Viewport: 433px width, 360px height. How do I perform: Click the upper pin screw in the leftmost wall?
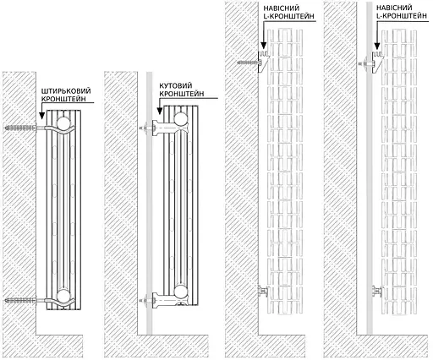click(x=23, y=129)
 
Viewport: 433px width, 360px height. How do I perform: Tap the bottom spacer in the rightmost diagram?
click(x=376, y=292)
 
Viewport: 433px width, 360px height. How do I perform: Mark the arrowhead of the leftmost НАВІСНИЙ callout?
click(x=263, y=47)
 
